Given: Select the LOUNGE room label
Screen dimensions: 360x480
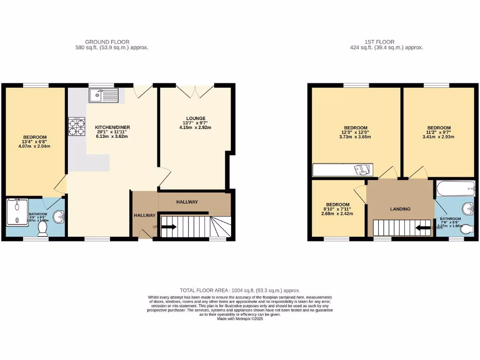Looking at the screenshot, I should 195,118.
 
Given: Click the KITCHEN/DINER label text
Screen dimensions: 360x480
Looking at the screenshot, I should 112,127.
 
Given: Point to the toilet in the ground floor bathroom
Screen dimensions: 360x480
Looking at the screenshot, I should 42,228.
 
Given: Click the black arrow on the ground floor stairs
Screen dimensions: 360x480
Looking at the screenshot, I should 169,227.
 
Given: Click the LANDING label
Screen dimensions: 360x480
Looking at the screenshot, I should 400,209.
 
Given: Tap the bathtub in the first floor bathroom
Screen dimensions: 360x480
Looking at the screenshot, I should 454,189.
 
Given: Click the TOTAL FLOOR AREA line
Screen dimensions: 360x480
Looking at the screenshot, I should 240,291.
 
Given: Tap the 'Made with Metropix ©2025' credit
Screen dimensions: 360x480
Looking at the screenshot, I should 240,319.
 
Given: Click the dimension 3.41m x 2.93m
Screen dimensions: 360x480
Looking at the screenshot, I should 439,137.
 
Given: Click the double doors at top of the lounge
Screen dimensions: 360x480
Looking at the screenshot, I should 195,91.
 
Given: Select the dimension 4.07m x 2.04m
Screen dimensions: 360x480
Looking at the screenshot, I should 34,146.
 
